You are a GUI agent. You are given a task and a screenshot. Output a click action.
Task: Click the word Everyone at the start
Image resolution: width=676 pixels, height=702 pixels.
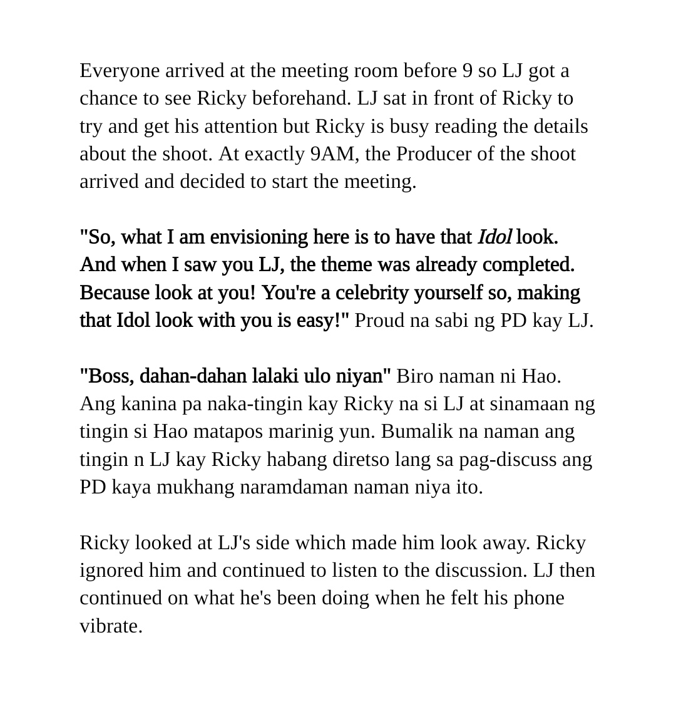120,71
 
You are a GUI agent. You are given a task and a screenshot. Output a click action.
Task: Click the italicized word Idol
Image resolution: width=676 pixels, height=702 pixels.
494,237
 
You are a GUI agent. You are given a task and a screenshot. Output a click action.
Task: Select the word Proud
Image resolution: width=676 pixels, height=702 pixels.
379,320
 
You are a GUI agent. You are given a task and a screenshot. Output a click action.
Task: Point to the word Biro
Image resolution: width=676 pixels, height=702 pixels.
416,376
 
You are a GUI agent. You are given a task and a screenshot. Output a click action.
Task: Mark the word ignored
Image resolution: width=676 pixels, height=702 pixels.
111,570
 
